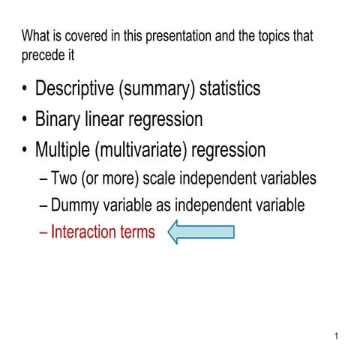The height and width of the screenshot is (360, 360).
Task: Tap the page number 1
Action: coord(337,335)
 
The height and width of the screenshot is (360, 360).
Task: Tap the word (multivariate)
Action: coord(141,150)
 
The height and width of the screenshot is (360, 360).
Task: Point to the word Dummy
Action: coord(79,205)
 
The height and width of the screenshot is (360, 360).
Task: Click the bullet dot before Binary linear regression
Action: coord(26,120)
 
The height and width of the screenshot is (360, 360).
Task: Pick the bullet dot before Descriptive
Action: coord(26,89)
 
